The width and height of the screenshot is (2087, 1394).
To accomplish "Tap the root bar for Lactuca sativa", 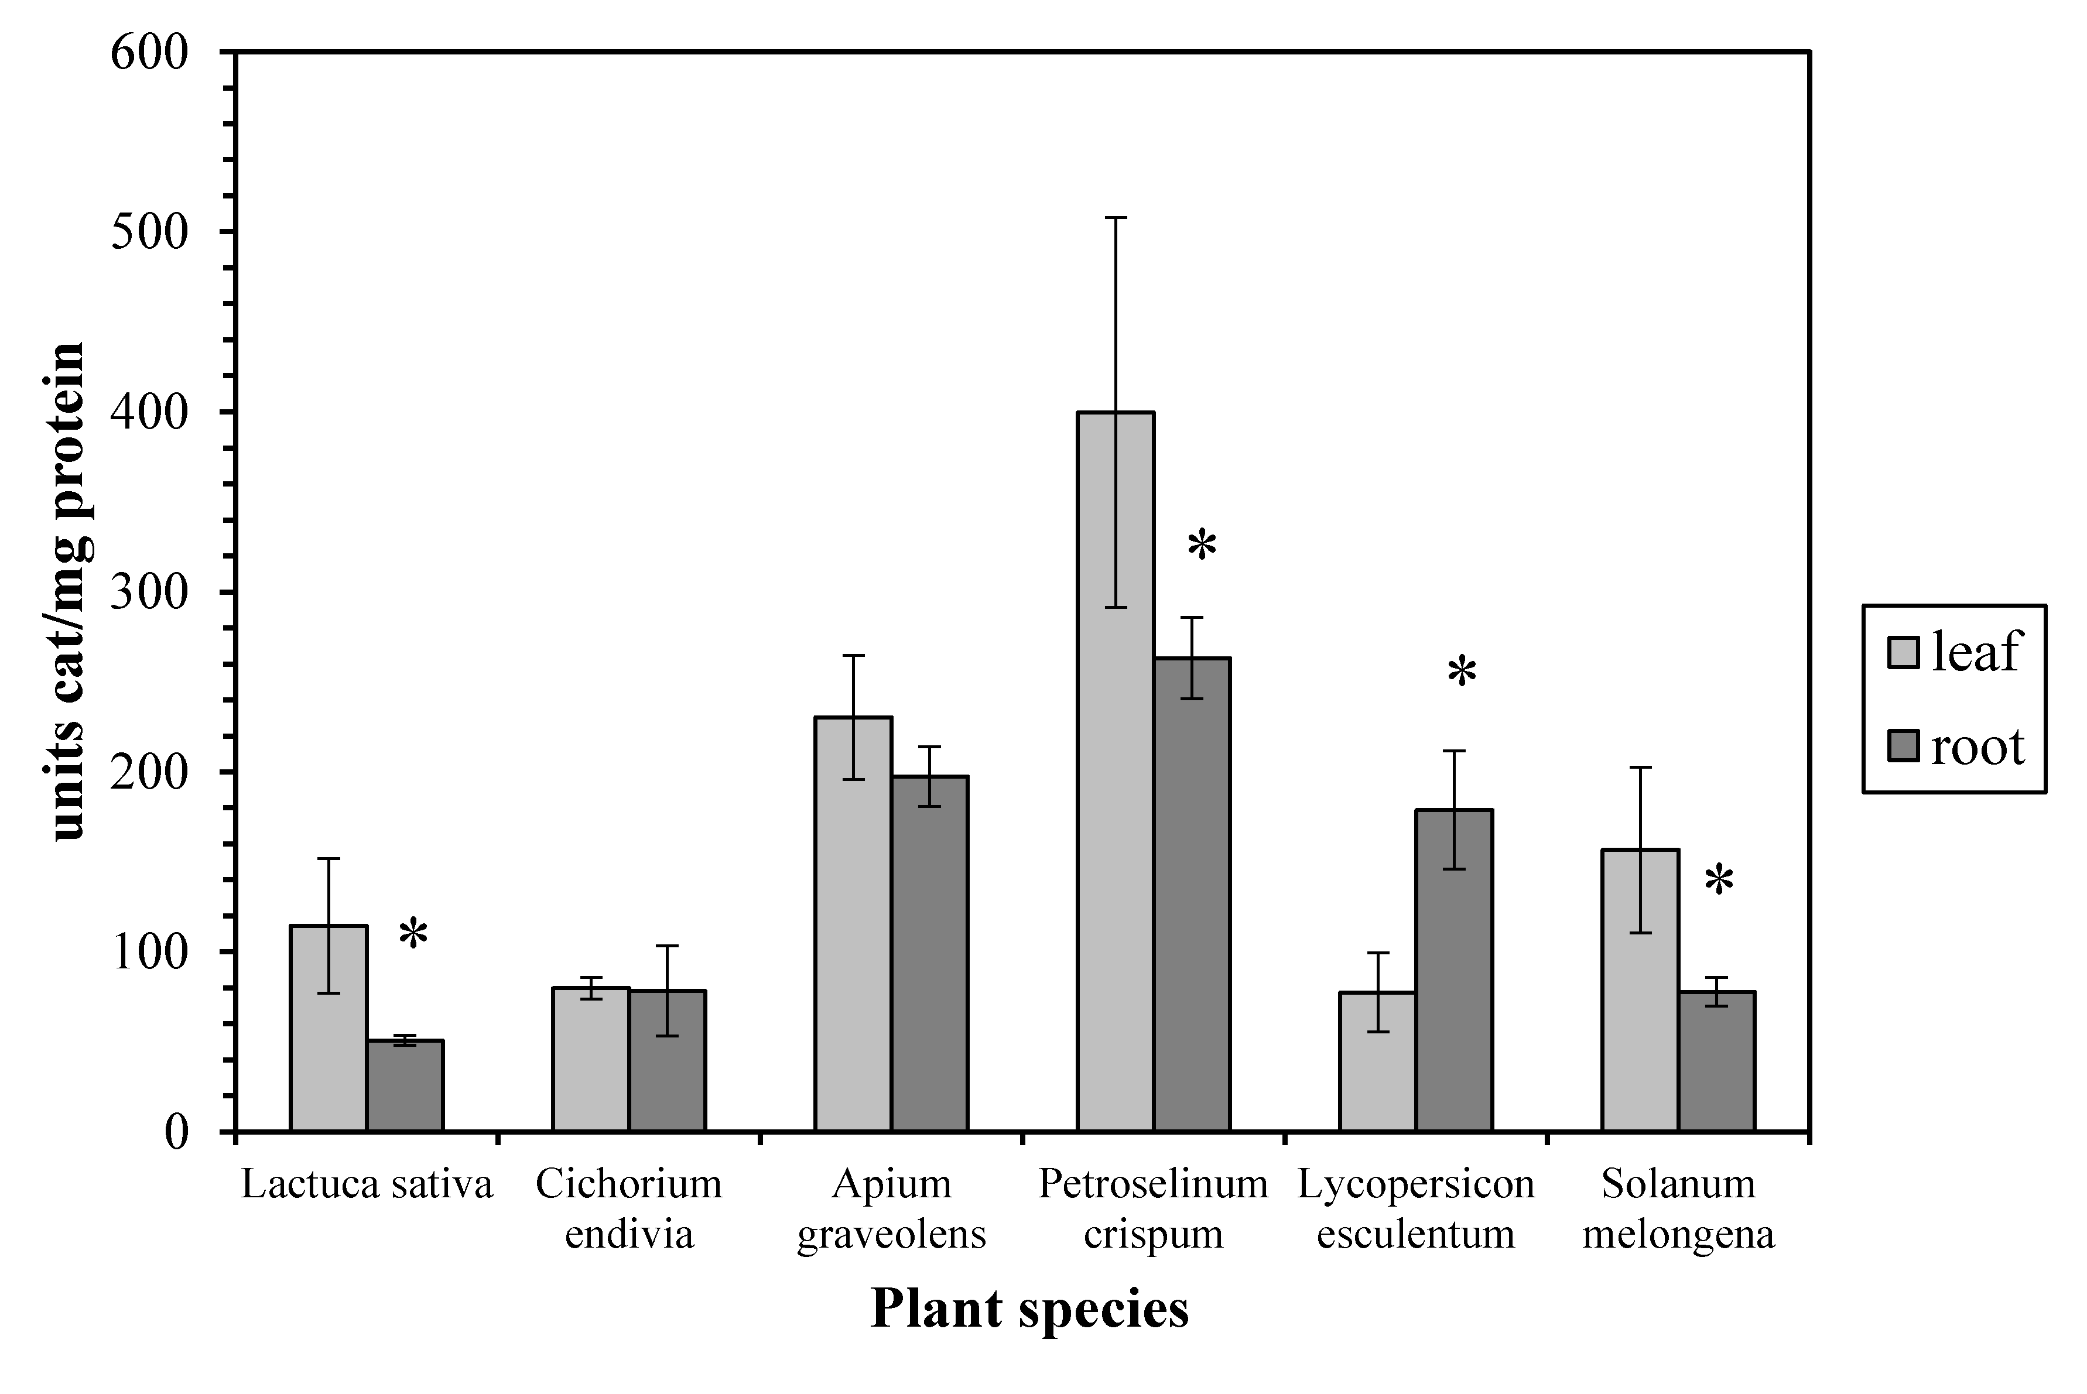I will [x=405, y=1085].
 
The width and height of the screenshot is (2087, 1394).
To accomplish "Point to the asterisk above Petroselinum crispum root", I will [x=1202, y=546].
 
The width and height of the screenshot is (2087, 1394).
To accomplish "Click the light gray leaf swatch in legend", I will [x=1903, y=652].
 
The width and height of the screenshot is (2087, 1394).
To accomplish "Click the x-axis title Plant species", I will [x=1029, y=1309].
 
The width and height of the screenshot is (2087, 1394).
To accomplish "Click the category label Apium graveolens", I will [x=891, y=1208].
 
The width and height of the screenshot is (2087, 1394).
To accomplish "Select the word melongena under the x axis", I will [x=1678, y=1234].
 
